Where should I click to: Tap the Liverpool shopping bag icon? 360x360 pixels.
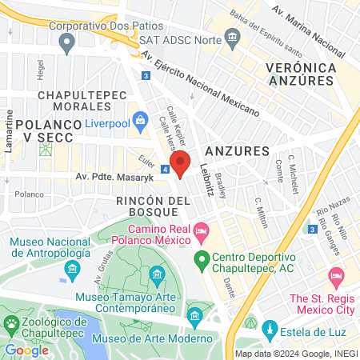click(142, 123)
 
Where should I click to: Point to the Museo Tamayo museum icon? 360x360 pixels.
click(157, 277)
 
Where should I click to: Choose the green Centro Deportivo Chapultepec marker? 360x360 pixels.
click(202, 258)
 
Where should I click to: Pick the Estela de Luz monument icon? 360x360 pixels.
click(270, 329)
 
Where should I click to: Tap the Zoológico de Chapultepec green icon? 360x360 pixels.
click(11, 324)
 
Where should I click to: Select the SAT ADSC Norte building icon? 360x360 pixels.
click(232, 38)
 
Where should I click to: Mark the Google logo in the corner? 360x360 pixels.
click(26, 350)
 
